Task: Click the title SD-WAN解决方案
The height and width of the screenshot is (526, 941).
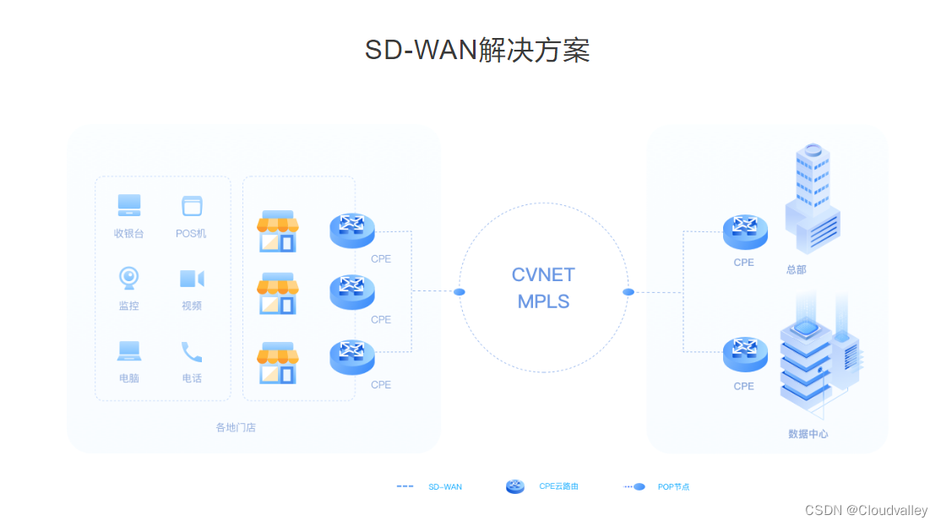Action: click(477, 51)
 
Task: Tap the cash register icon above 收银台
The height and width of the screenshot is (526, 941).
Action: click(129, 205)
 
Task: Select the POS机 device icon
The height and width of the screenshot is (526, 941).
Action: click(192, 205)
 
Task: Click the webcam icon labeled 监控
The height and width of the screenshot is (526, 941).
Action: click(128, 277)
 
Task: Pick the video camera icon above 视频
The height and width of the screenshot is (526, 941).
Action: click(192, 279)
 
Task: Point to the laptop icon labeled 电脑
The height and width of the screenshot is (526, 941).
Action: click(129, 350)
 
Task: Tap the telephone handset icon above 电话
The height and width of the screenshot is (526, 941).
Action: click(192, 351)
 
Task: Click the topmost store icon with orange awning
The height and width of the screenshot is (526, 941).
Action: click(278, 231)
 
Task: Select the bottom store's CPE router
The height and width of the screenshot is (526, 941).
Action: click(352, 356)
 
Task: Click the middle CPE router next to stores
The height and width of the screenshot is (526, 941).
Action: click(352, 292)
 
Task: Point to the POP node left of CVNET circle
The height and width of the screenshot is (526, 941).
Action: click(460, 292)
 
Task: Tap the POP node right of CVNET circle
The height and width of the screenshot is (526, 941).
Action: click(628, 292)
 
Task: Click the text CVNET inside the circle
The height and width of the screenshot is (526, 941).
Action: click(543, 275)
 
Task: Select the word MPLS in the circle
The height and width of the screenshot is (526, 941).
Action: click(543, 301)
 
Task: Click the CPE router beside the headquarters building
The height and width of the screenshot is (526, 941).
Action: click(745, 230)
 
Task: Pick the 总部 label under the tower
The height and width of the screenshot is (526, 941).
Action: click(797, 269)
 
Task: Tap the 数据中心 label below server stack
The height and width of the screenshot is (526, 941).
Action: click(808, 434)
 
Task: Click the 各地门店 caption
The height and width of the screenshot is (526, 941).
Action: click(236, 427)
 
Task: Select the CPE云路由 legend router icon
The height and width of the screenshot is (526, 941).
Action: click(515, 486)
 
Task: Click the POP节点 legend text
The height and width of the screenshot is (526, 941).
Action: click(673, 487)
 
